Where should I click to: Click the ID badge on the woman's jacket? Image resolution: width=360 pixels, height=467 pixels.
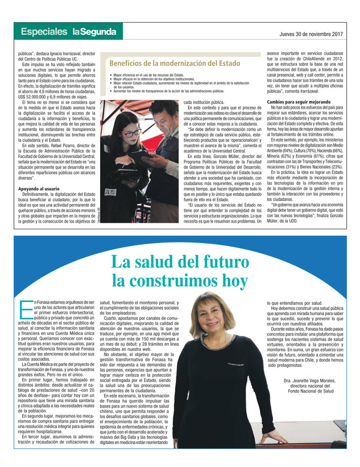point(110,192)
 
